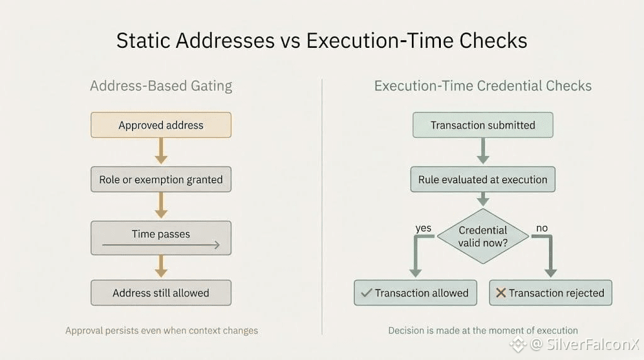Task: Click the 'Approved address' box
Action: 161,125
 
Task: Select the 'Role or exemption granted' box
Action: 161,179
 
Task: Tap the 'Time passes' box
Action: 161,238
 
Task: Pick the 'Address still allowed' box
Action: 161,293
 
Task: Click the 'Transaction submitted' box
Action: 483,125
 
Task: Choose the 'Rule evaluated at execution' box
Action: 483,179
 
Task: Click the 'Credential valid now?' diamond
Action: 483,236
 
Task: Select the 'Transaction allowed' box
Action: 416,293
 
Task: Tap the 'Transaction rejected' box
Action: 550,293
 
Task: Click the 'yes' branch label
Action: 423,228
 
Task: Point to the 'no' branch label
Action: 541,228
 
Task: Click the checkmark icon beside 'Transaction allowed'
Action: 367,293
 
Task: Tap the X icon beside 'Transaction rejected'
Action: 501,293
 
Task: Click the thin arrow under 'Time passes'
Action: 161,245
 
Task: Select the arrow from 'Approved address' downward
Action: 161,151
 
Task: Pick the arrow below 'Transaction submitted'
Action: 483,151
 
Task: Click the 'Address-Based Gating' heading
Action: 161,86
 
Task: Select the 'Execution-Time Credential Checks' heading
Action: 483,86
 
